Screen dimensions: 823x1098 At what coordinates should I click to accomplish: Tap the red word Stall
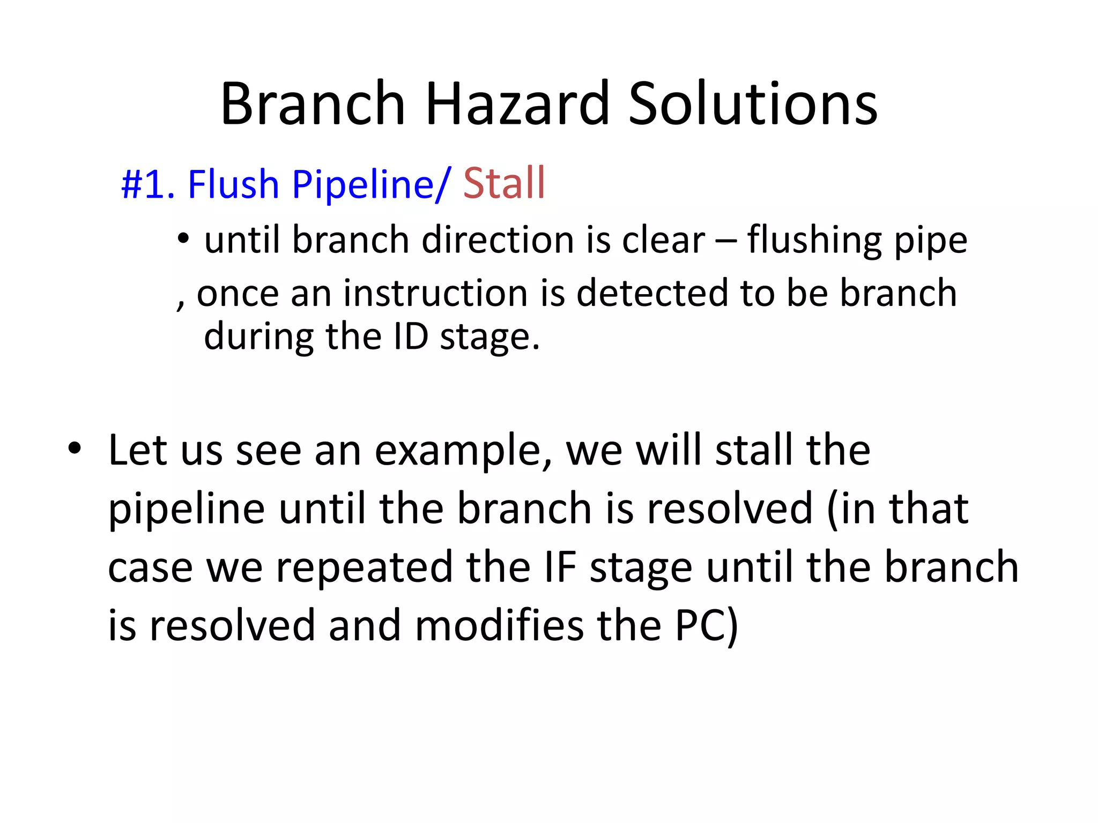pos(504,184)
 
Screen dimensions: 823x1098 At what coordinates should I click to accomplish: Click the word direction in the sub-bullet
pos(498,240)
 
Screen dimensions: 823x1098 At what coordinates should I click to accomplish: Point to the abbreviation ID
pos(411,337)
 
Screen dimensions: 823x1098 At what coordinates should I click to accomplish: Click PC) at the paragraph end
pos(707,625)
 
